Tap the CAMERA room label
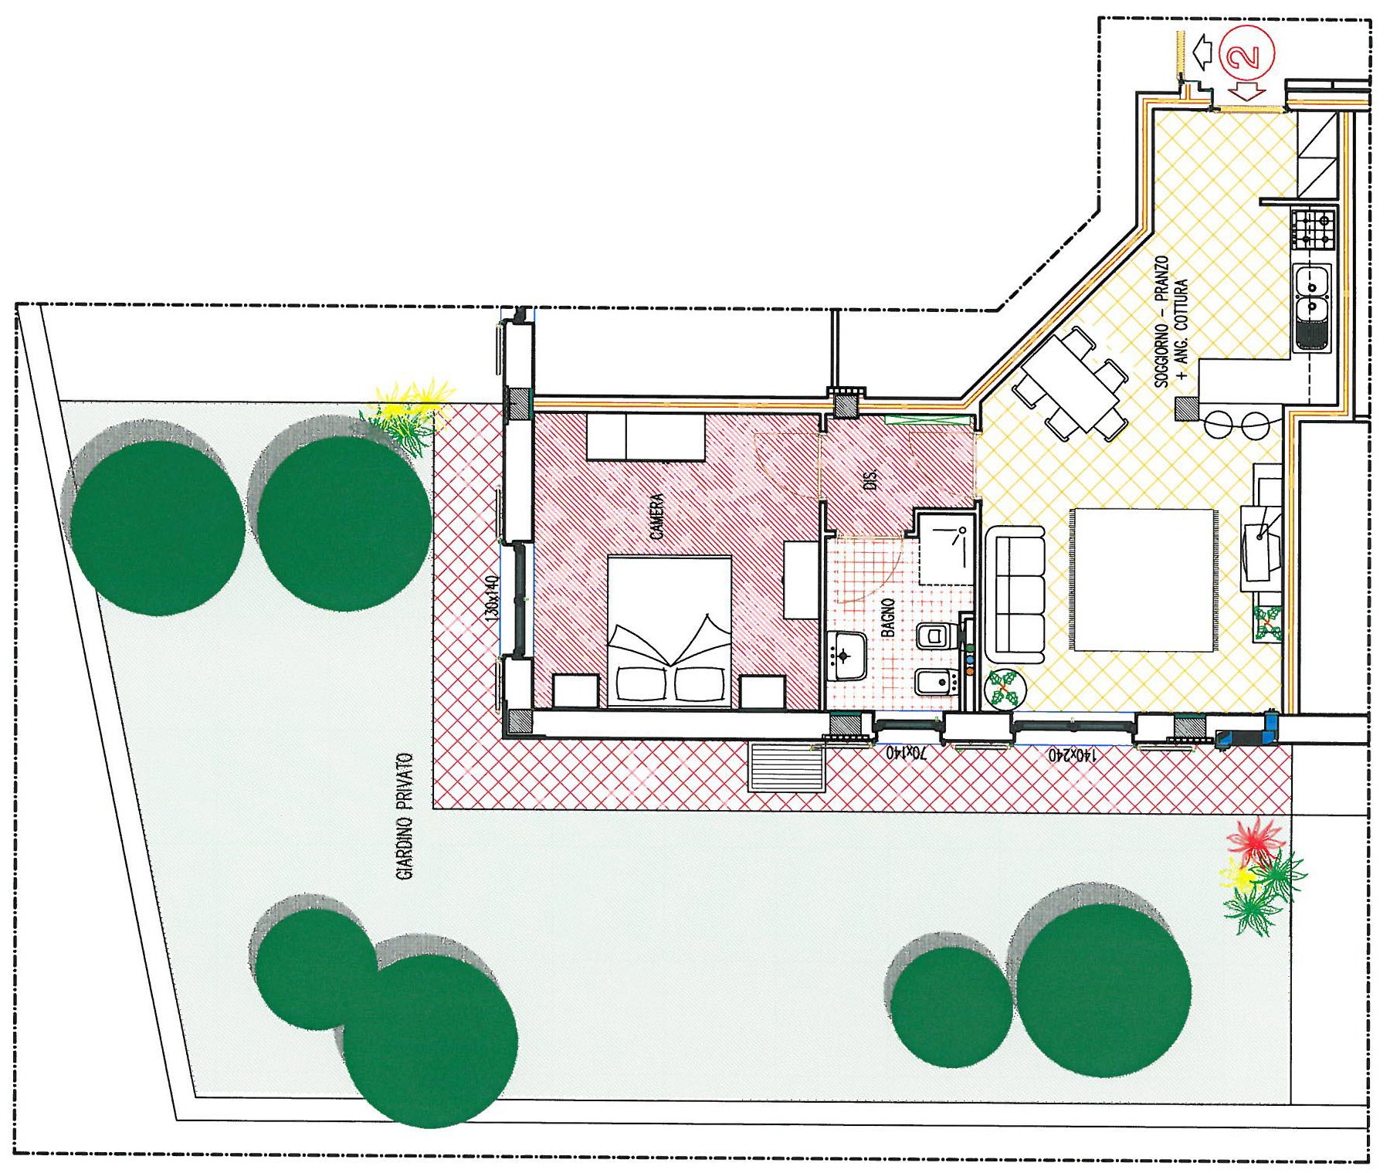point(656,517)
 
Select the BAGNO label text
point(888,617)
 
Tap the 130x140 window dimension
point(493,596)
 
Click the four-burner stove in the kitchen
point(1313,229)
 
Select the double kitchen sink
point(1311,307)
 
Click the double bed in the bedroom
point(670,631)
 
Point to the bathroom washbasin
point(846,656)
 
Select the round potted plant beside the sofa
point(1005,687)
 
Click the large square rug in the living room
point(1141,580)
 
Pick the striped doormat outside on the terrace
point(788,767)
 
